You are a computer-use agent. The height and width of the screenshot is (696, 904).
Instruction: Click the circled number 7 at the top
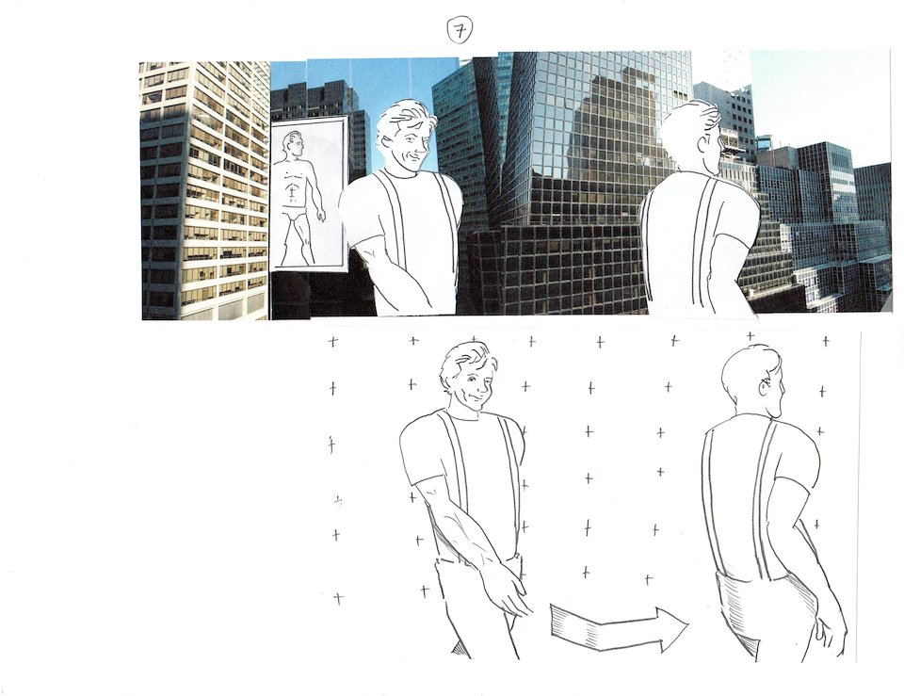460,31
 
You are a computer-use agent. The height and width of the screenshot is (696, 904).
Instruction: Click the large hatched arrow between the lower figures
617,627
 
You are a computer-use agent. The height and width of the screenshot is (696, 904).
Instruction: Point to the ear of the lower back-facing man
766,388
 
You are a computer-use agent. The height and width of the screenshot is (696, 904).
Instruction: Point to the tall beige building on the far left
204,190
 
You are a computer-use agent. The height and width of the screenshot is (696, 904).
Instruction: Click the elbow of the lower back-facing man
799,524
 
